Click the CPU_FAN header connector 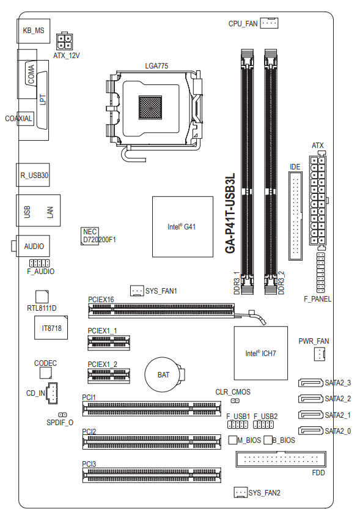[269, 23]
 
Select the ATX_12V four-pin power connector [64, 42]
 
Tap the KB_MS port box [34, 31]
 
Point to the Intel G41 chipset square [183, 227]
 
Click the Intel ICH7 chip [260, 353]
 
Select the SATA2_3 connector [310, 382]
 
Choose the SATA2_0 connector [310, 431]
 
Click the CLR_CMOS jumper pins [235, 400]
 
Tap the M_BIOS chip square [233, 440]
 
